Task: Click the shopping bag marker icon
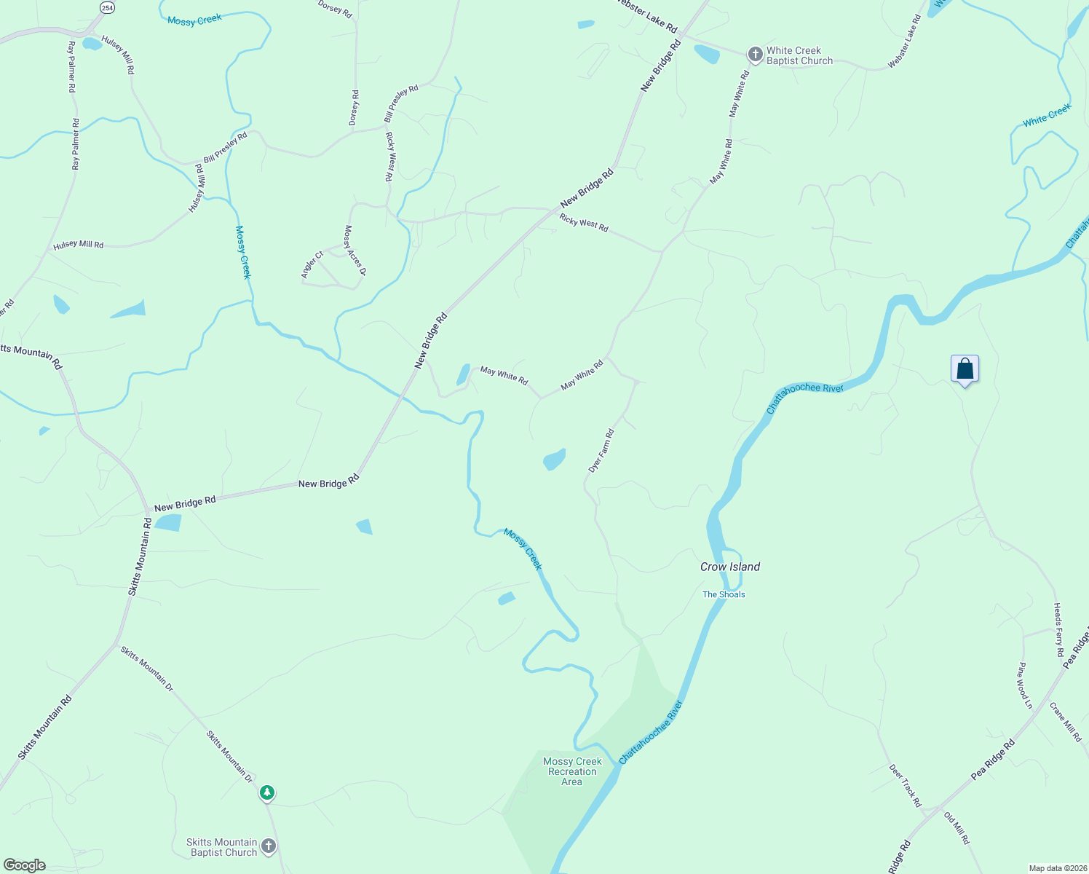click(965, 369)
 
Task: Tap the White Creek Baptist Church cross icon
click(755, 55)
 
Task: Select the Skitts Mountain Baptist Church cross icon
click(269, 846)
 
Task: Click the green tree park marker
click(267, 792)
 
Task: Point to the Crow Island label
click(730, 567)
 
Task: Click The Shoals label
click(724, 594)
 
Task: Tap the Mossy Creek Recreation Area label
click(572, 771)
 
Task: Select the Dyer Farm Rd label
click(601, 452)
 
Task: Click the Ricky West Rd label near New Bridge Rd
click(584, 222)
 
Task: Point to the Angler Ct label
click(312, 264)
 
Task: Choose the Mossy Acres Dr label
click(355, 250)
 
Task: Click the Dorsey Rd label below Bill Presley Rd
click(355, 108)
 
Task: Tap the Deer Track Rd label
click(905, 785)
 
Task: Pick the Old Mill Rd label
click(957, 828)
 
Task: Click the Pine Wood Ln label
click(1025, 685)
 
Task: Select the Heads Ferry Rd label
click(1059, 630)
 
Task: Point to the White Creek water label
click(1047, 115)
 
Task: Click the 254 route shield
click(107, 7)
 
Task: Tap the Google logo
click(24, 865)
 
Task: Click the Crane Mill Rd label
click(1066, 722)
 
